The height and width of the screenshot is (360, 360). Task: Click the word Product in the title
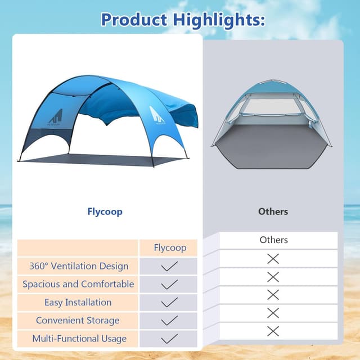point(134,20)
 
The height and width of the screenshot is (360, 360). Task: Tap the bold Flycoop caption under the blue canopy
point(105,211)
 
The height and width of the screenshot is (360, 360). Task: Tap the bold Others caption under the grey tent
point(273,211)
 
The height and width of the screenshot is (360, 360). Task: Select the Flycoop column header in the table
point(169,247)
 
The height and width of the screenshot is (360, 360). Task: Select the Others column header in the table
point(273,240)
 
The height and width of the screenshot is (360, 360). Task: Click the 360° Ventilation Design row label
point(79,266)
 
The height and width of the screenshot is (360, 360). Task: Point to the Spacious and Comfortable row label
point(78,284)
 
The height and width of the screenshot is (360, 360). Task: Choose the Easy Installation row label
point(78,302)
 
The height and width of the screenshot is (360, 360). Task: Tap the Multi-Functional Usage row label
point(79,338)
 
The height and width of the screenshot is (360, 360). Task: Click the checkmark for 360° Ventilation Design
point(169,266)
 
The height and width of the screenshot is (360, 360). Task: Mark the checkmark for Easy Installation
point(169,302)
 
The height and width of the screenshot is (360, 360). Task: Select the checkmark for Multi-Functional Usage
point(169,338)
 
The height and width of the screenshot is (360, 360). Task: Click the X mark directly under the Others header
point(273,259)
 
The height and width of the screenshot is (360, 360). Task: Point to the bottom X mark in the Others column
point(273,331)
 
